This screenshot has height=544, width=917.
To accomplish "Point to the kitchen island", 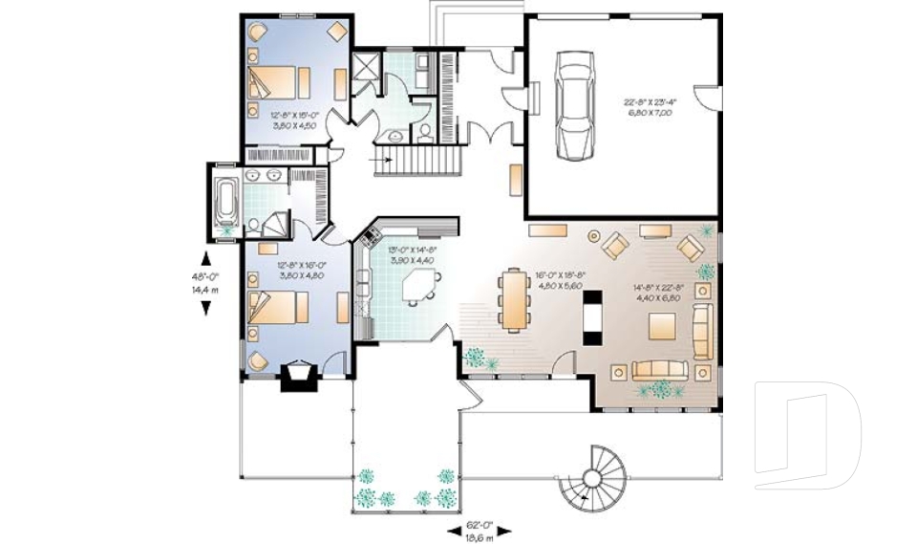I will [x=420, y=285].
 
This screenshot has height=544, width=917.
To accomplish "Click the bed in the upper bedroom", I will [x=278, y=81].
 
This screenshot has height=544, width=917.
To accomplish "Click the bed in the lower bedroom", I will [x=278, y=308].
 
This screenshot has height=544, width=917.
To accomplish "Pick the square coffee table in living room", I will [x=665, y=326].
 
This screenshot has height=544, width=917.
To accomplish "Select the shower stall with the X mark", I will [x=365, y=69].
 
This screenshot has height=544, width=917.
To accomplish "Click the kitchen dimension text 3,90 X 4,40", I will [x=412, y=259].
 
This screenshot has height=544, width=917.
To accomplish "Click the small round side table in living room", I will [x=592, y=234].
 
